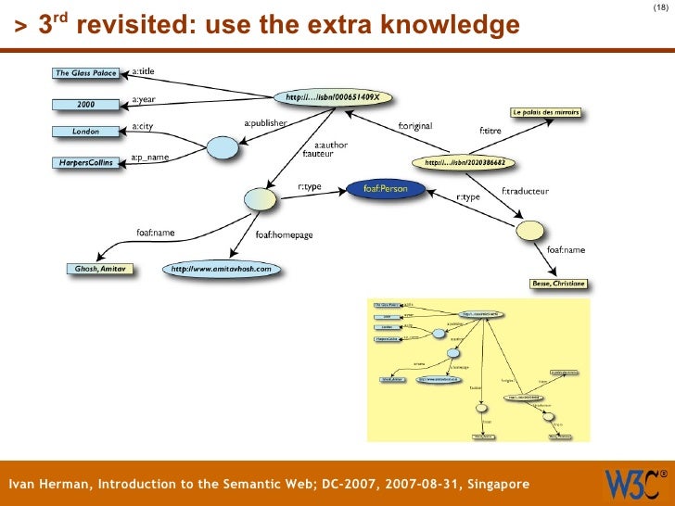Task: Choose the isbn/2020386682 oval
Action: tap(465, 162)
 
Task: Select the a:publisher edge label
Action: tap(265, 122)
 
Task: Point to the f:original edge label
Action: tap(414, 127)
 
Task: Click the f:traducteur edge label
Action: tap(526, 191)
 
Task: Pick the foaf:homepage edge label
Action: tap(286, 235)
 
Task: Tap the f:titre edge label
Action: tap(490, 132)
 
